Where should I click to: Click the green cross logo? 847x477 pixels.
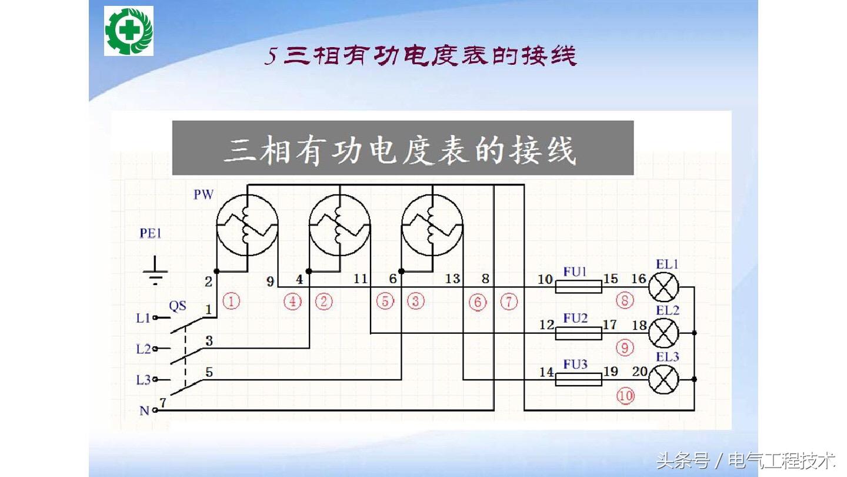tap(129, 31)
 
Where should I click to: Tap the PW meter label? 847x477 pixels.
tap(204, 194)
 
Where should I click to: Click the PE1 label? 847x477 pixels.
tap(151, 233)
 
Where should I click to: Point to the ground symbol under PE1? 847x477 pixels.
tap(155, 270)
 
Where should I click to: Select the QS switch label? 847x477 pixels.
tap(178, 306)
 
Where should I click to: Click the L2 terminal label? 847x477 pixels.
tap(144, 349)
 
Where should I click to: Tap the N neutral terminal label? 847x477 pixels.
tap(145, 410)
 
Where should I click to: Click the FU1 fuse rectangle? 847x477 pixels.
tap(579, 287)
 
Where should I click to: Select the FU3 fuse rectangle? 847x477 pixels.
tap(579, 379)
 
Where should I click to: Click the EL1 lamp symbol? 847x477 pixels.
tap(663, 287)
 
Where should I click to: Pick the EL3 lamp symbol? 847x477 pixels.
tap(663, 379)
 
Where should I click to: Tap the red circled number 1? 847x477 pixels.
tap(231, 302)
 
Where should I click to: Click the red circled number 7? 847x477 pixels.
tap(509, 302)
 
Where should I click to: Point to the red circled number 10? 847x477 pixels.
tap(625, 396)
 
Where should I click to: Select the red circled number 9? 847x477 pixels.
tap(625, 348)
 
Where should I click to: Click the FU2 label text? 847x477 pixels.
tap(575, 318)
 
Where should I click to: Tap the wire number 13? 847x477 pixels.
tap(452, 279)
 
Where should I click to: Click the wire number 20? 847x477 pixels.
tap(640, 372)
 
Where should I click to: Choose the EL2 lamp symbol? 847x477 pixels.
tap(663, 333)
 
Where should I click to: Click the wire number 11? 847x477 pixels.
tap(361, 279)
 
